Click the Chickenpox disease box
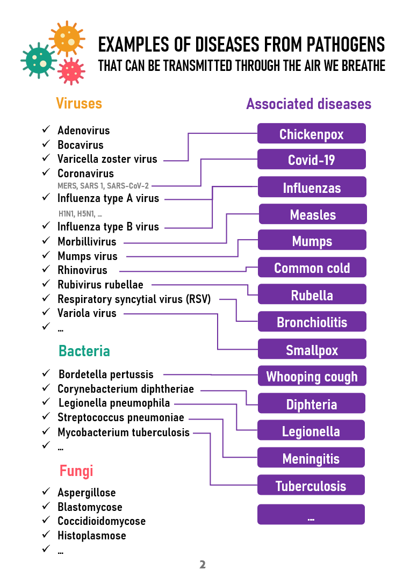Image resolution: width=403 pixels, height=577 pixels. [x=311, y=133]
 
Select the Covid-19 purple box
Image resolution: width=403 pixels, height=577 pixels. [x=311, y=160]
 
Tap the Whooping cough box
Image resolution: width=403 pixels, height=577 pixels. [x=312, y=376]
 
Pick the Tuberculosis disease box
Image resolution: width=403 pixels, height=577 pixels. [x=311, y=486]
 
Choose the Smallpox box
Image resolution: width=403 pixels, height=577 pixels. [x=312, y=350]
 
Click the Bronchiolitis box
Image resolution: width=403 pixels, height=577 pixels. [x=312, y=322]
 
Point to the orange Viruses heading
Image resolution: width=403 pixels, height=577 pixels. [x=79, y=103]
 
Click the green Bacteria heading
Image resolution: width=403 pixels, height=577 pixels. [x=84, y=351]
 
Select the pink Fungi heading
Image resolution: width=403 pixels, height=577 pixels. [x=76, y=471]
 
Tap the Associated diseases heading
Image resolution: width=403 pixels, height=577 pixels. [x=308, y=104]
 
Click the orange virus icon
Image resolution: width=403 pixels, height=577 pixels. [x=67, y=40]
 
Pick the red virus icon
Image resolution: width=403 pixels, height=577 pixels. [x=71, y=71]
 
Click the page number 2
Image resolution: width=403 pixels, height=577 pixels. [x=203, y=565]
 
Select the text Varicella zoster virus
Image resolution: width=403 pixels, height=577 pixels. [x=107, y=159]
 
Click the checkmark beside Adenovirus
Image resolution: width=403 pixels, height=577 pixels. [x=46, y=130]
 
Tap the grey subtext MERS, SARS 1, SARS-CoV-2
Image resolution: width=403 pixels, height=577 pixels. [x=103, y=186]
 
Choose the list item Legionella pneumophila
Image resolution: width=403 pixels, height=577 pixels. [x=114, y=403]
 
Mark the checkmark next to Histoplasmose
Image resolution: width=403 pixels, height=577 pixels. [x=46, y=535]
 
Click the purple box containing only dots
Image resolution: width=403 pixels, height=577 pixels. [x=311, y=515]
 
